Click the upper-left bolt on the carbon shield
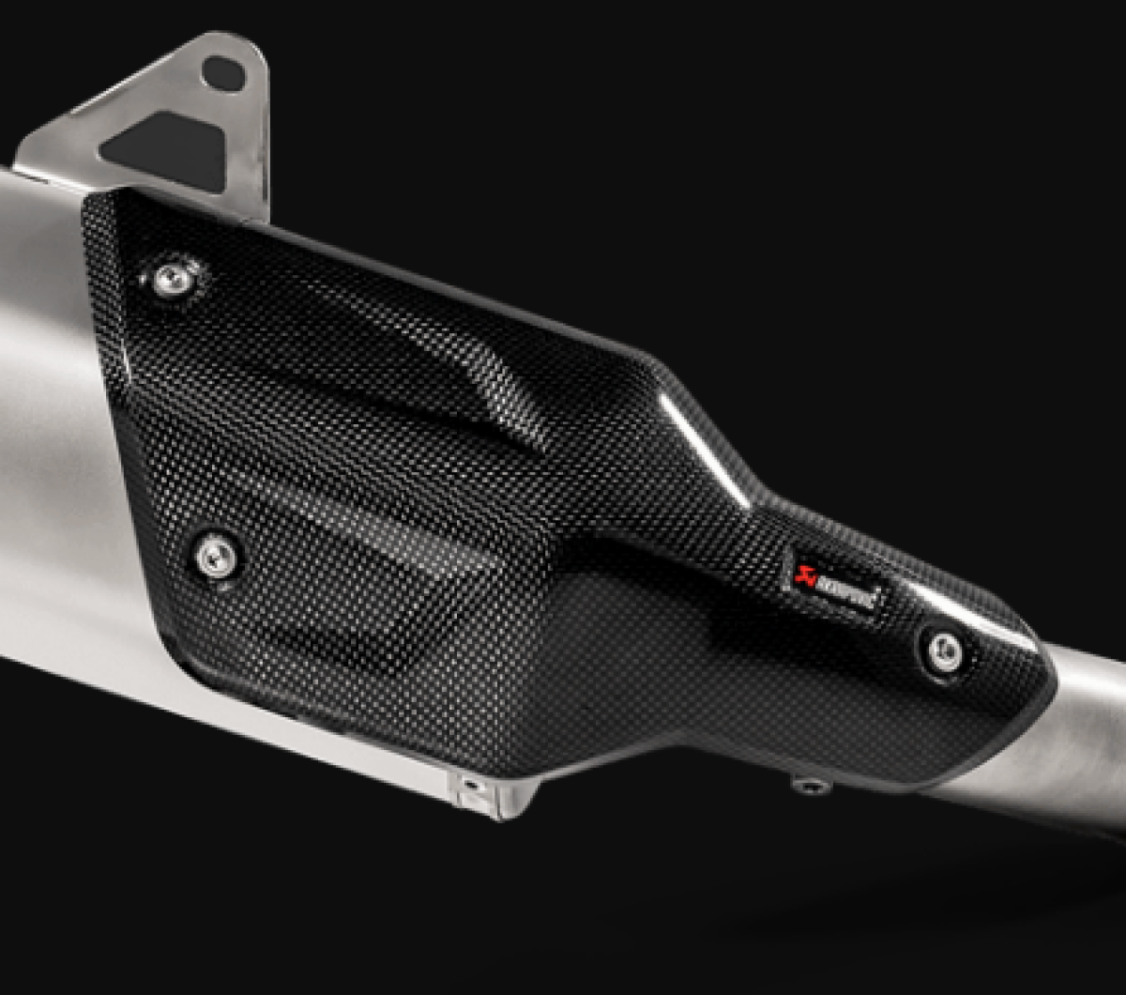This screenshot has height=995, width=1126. [172, 280]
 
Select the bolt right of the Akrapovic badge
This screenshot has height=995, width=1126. [944, 651]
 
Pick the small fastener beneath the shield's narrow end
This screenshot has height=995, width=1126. [811, 785]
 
